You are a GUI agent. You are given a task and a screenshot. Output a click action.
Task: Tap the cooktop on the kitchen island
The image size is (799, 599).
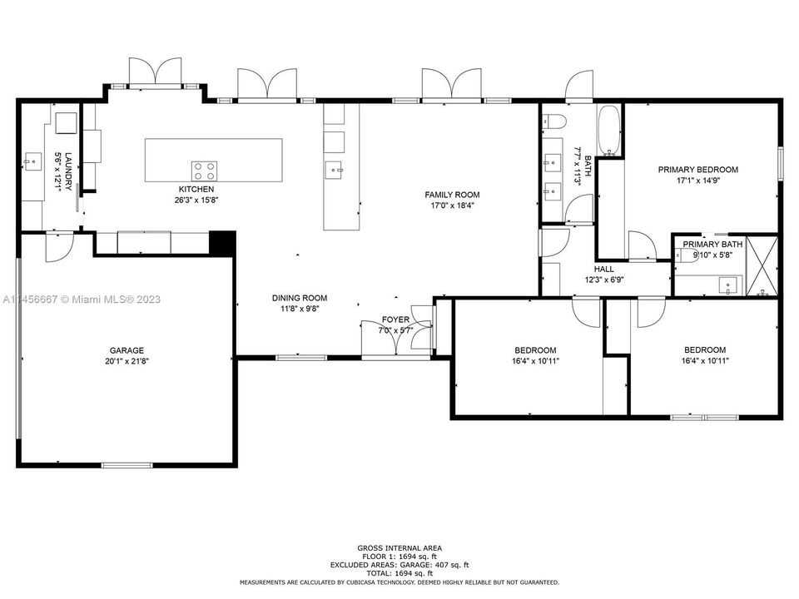pyautogui.click(x=205, y=171)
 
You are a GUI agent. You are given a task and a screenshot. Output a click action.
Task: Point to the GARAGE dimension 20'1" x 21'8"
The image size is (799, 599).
pyautogui.click(x=127, y=361)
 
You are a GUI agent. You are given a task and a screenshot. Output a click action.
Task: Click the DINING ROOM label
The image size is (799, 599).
pyautogui.click(x=300, y=298)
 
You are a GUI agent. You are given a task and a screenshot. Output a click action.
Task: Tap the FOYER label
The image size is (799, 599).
pyautogui.click(x=395, y=319)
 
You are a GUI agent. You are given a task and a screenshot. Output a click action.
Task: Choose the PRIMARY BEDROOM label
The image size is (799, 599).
pyautogui.click(x=697, y=170)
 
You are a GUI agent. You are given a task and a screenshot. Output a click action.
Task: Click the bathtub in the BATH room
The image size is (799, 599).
pyautogui.click(x=610, y=131)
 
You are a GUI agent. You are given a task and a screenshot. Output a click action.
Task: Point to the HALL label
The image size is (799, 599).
pyautogui.click(x=604, y=270)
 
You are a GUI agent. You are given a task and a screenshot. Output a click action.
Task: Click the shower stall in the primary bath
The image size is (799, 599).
pyautogui.click(x=762, y=266)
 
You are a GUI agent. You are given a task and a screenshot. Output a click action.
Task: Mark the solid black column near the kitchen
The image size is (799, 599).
pyautogui.click(x=221, y=242)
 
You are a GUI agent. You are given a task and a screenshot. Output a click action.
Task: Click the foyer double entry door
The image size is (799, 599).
pyautogui.click(x=423, y=331)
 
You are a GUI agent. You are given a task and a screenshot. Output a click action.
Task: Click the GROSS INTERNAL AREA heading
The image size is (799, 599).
pyautogui.click(x=399, y=547)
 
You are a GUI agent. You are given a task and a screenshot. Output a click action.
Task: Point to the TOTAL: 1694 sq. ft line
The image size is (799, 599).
pyautogui.click(x=399, y=573)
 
